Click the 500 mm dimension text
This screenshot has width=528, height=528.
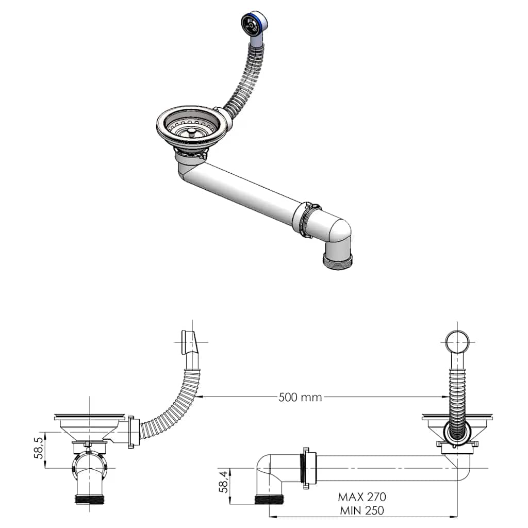coord(300,397)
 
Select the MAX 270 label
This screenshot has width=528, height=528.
coord(362,497)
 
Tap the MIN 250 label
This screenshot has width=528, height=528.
coord(361,511)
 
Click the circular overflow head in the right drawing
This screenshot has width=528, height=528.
coord(457,341)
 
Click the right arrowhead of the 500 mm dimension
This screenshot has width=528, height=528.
coord(444,397)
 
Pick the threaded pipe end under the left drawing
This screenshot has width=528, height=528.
coord(91,499)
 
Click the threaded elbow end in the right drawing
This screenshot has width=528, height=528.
coord(269,499)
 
